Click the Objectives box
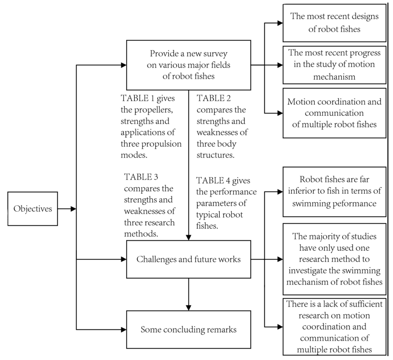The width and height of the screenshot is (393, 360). click(32, 209)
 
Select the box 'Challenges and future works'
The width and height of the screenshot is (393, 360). click(188, 259)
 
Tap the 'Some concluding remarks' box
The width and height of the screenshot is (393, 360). click(188, 329)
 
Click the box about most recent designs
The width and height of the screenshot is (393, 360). click(334, 23)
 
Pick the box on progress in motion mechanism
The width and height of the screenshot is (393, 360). click(334, 65)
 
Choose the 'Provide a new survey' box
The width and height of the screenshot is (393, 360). click(188, 65)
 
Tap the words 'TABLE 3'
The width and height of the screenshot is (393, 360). click(141, 177)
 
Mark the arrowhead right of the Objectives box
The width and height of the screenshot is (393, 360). click(73, 209)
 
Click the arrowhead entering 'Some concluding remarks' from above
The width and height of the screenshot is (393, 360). click(189, 307)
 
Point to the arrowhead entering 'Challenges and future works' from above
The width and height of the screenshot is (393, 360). click(189, 238)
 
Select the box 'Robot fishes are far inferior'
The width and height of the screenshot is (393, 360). click(334, 191)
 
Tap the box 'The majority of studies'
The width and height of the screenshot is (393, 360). click(334, 259)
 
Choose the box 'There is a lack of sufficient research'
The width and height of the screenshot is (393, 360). click(334, 326)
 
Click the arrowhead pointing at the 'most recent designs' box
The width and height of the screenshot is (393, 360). click(280, 23)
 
